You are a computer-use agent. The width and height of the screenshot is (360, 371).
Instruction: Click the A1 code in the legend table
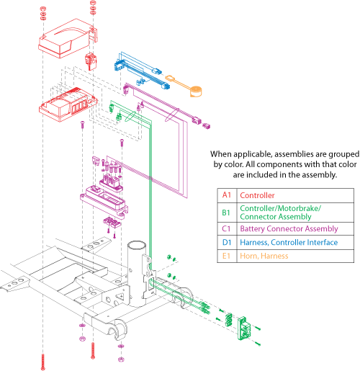227,195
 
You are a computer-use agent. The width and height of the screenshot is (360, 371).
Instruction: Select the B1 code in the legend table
226,213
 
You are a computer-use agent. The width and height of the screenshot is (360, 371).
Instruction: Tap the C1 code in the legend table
226,228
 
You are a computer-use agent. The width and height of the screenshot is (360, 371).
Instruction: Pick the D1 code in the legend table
227,242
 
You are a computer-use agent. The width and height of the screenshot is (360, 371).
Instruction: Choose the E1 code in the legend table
226,256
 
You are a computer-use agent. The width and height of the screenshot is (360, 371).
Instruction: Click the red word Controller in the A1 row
257,195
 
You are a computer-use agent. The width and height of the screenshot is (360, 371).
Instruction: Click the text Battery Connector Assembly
289,229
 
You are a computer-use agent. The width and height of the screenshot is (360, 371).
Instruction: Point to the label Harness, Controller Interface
289,243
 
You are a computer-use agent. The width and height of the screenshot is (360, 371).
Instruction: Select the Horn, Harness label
264,256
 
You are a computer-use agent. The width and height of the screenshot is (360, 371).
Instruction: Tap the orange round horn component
196,91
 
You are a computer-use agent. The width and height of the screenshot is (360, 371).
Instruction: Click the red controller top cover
66,38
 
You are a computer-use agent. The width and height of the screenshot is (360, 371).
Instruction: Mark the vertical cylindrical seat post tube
137,274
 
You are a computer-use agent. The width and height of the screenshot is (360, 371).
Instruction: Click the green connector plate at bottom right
244,328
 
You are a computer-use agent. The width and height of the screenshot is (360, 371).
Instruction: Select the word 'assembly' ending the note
320,175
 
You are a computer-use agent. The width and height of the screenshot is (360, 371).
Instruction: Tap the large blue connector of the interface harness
120,65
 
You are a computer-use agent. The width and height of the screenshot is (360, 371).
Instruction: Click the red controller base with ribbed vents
68,104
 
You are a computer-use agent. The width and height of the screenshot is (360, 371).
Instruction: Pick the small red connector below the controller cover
91,61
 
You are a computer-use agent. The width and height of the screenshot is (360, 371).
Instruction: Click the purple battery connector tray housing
104,202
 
